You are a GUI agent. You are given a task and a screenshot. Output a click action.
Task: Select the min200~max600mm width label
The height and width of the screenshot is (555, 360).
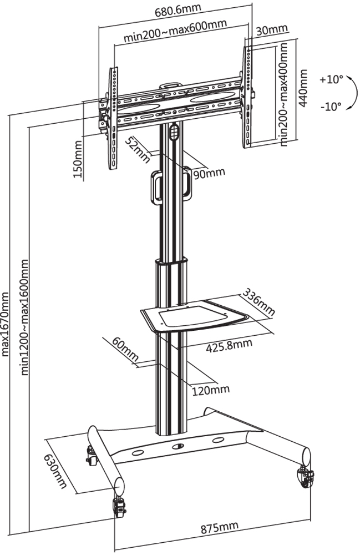pos(175,32)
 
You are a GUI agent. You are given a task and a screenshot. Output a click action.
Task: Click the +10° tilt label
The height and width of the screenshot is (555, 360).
pos(331,79)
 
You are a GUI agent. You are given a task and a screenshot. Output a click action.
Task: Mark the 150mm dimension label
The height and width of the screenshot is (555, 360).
pos(77,159)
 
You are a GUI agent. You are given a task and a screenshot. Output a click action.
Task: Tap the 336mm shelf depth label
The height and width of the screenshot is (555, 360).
pos(259,302)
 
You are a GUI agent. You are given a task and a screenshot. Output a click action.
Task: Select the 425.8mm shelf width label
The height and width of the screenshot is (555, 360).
pos(229,346)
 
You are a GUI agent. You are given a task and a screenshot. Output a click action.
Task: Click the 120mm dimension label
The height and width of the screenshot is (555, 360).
pos(210,390)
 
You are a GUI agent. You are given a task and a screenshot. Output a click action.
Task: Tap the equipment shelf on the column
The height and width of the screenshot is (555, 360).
pos(194,316)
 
